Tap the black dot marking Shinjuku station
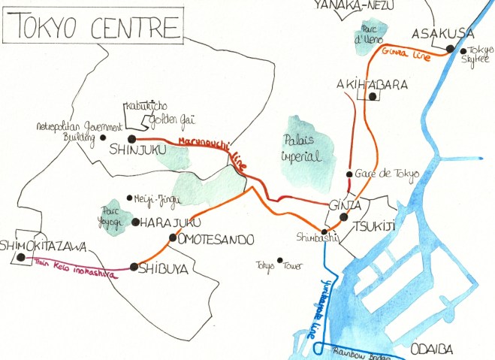[x=131, y=139]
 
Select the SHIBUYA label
[x=164, y=268]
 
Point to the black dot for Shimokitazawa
[x=21, y=257]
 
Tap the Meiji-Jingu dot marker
[x=129, y=198]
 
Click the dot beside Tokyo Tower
[x=279, y=261]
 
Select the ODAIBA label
[x=434, y=349]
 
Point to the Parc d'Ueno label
[x=369, y=34]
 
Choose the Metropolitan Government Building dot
[x=101, y=138]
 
